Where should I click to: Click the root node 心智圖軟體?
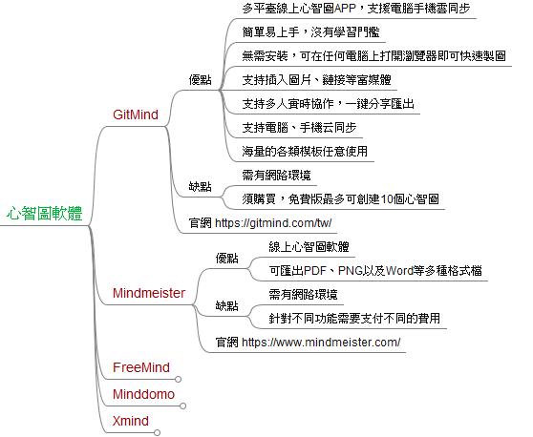tap(45, 213)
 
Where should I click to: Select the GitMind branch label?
tap(136, 114)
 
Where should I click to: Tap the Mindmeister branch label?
tap(149, 293)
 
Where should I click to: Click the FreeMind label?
tap(141, 367)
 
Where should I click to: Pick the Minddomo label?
tap(143, 394)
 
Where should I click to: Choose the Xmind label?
tap(131, 421)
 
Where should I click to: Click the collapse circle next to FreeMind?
tap(178, 379)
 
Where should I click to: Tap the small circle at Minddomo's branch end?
tap(182, 406)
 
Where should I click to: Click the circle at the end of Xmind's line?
tap(157, 432)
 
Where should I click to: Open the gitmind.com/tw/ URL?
tap(273, 223)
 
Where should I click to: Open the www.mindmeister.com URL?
tap(321, 342)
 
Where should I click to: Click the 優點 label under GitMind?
tap(201, 80)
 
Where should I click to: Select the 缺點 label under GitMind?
tap(201, 186)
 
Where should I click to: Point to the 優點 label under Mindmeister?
tap(226, 258)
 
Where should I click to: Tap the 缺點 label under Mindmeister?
tap(226, 305)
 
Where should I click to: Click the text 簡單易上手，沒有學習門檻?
tap(310, 32)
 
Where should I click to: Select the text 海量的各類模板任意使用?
tap(305, 151)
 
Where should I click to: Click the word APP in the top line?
tap(345, 9)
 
